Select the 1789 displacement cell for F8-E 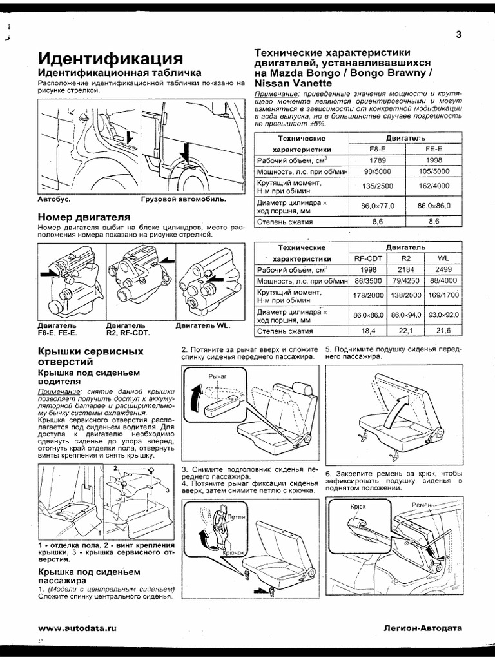[x=377, y=160]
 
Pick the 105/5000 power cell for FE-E [x=433, y=172]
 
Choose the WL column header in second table [x=443, y=258]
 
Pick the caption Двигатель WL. [x=202, y=326]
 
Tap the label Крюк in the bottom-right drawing [x=358, y=507]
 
